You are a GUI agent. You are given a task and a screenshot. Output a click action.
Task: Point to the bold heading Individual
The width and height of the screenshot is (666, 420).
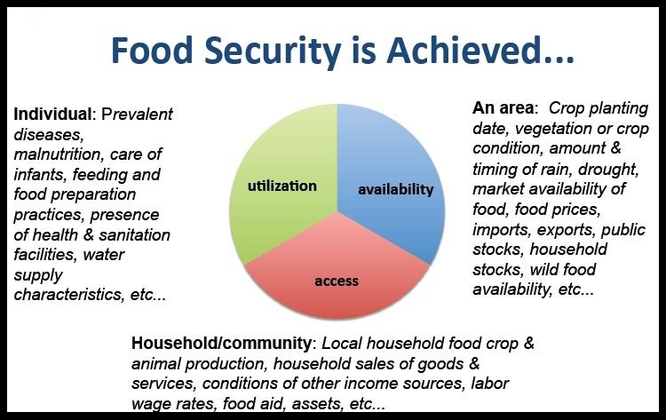point(52,114)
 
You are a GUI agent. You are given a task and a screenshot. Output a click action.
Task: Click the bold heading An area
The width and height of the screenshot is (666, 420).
point(503,107)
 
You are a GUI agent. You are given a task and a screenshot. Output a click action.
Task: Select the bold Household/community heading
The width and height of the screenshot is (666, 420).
point(221,343)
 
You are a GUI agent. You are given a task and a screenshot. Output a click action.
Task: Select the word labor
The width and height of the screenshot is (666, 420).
point(489,383)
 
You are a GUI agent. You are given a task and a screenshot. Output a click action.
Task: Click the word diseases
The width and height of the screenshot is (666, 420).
point(49,135)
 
